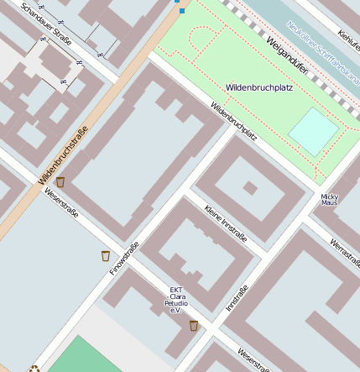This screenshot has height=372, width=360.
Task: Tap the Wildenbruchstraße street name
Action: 64,149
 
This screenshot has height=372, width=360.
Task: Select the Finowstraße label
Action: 123,257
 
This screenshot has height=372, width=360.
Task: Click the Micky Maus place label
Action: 329,199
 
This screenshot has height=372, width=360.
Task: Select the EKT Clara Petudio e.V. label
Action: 177,300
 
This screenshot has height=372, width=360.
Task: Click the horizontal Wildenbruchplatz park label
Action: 259,87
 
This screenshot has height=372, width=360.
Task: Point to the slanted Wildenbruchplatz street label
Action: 233,120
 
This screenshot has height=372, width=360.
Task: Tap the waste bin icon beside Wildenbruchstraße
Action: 60,181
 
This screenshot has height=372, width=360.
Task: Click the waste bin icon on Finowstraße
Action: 105,255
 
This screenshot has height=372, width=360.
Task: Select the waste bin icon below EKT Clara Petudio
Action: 194,325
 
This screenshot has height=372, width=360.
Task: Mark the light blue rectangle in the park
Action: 314,131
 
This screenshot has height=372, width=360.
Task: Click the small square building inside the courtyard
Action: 249,188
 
